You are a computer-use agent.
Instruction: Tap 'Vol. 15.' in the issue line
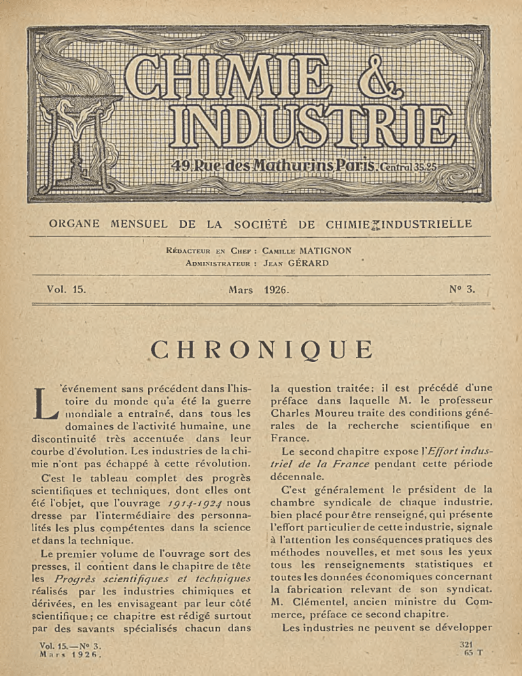66,289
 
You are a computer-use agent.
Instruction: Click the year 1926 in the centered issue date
277,290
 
